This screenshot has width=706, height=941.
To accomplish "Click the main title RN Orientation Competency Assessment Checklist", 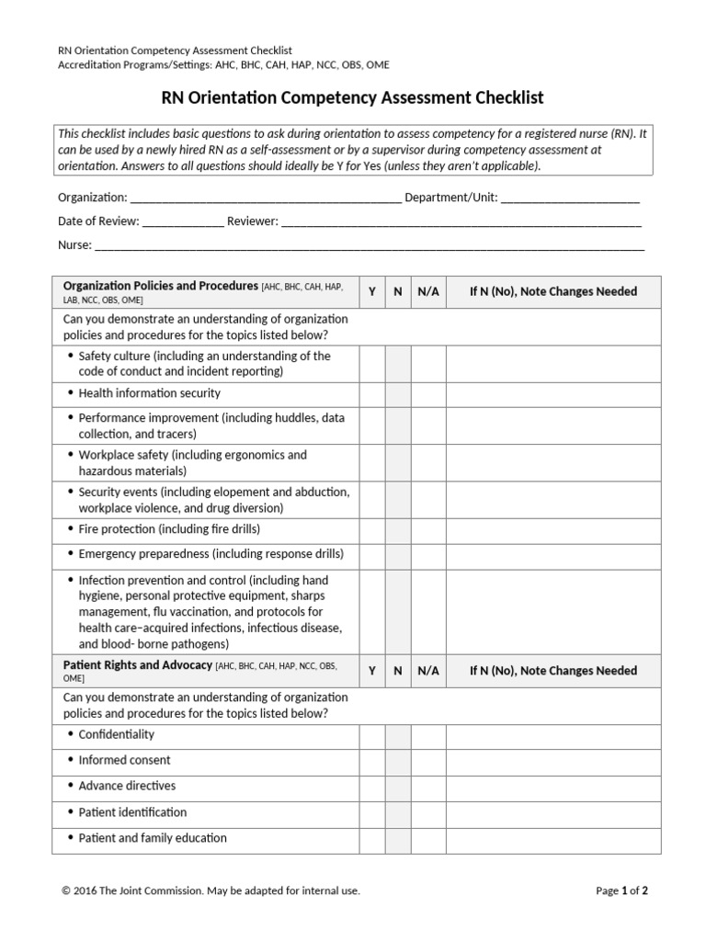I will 353,97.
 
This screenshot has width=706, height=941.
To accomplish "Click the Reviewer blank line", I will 461,222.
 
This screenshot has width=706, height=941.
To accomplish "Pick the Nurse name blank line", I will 369,246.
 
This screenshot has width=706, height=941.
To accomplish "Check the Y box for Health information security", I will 372,394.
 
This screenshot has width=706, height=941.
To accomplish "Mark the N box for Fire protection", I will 398,530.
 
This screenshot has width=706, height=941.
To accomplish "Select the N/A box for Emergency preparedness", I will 428,555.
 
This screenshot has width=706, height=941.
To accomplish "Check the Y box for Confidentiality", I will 372,736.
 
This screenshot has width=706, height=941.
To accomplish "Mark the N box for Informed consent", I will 398,762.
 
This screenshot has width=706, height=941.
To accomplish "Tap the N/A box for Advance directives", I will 428,788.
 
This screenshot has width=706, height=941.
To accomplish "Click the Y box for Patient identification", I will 372,813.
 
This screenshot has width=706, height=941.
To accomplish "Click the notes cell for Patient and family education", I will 552,839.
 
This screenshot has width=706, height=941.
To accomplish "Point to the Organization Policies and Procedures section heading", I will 161,287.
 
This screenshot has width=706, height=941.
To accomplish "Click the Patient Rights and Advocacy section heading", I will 138,665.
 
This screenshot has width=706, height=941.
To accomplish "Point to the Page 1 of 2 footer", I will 622,890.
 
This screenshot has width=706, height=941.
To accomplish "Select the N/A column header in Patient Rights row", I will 428,671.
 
